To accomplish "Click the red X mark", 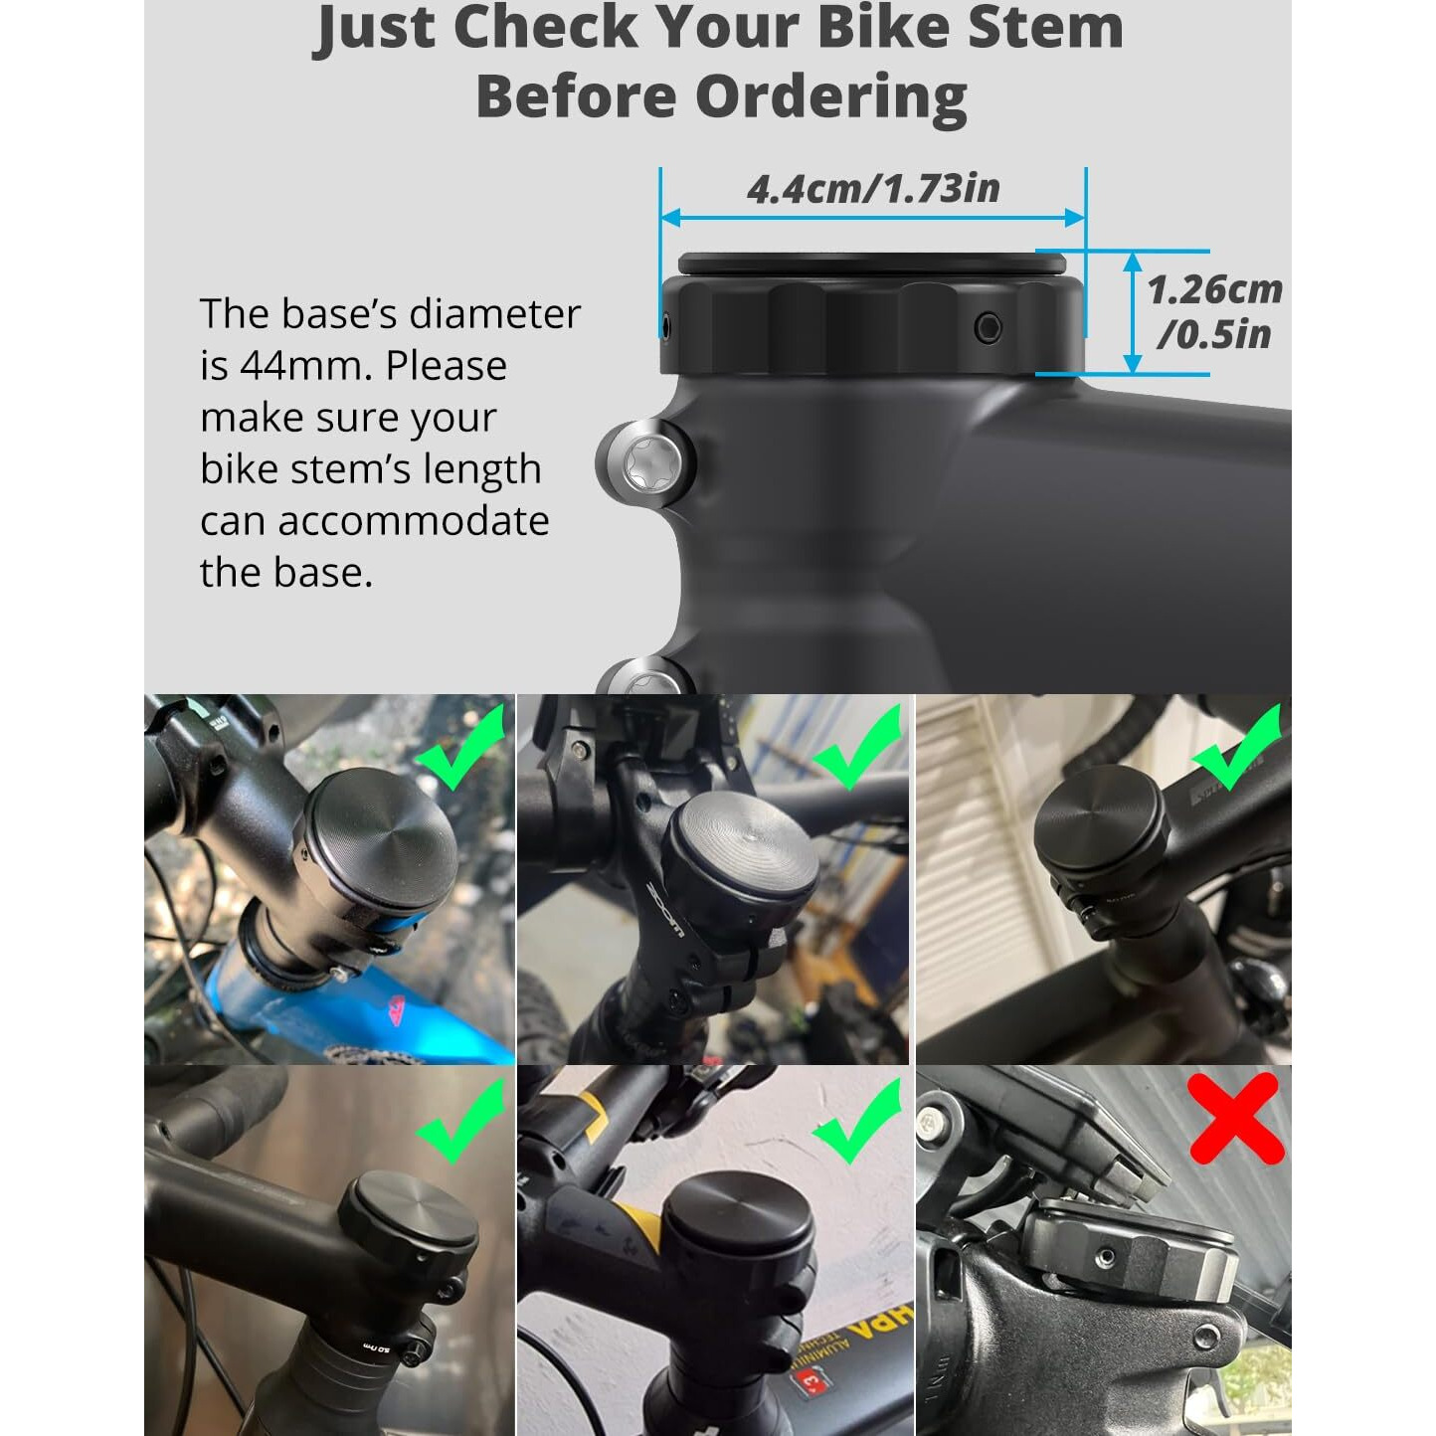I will (x=1235, y=1118).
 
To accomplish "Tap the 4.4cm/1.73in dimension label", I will (x=872, y=189).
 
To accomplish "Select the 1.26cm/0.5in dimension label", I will (x=1213, y=311).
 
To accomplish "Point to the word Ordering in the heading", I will (x=830, y=97).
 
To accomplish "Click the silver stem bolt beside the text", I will (x=645, y=463).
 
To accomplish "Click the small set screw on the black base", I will (x=987, y=327).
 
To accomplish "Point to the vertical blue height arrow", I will (x=1132, y=312).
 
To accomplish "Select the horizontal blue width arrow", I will (x=872, y=218).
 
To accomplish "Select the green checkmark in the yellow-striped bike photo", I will (x=858, y=1122).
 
